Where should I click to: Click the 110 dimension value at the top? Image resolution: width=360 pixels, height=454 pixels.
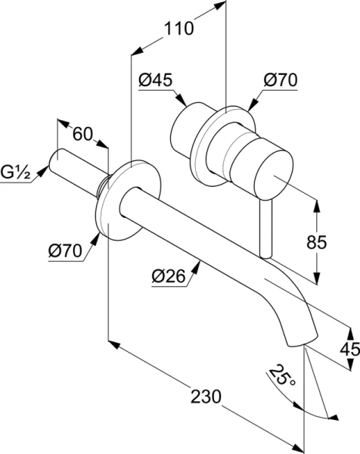(178, 29)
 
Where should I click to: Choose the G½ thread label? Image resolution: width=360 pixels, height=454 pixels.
(15, 173)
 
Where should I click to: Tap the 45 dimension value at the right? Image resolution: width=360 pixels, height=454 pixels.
(349, 350)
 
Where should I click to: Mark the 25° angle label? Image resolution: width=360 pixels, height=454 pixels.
(281, 375)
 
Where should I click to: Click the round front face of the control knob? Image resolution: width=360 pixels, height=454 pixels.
(272, 176)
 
